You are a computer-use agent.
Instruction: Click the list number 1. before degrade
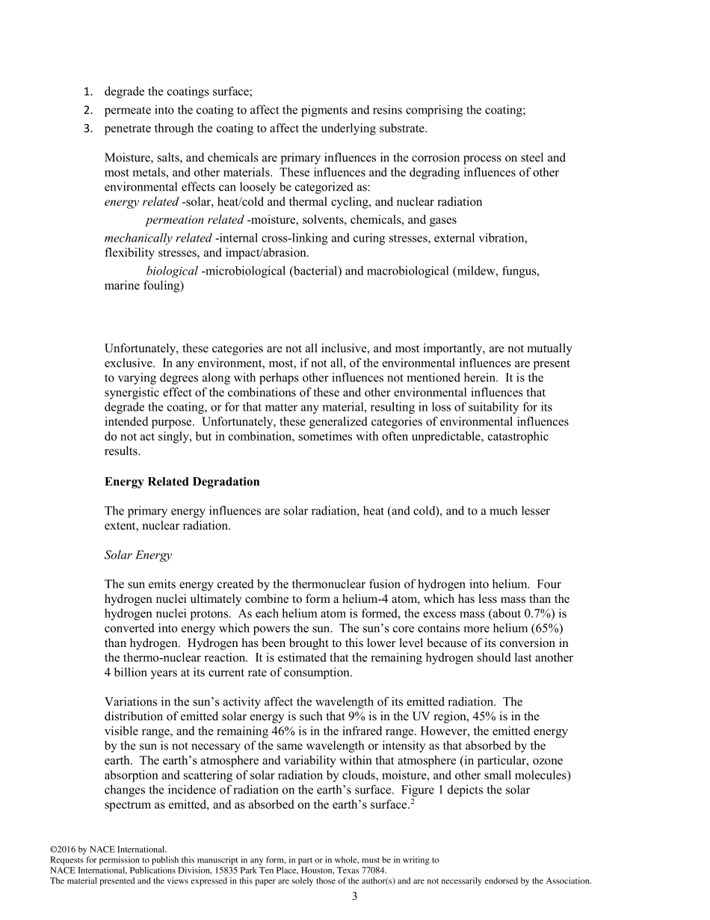[x=87, y=92]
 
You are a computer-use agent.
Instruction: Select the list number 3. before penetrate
[x=87, y=129]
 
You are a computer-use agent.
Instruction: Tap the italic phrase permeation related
[x=194, y=220]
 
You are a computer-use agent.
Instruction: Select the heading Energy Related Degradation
[x=182, y=482]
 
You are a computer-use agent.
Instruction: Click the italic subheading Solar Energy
[x=138, y=555]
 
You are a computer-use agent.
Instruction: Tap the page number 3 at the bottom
[x=355, y=897]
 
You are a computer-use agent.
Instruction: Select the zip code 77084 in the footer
[x=372, y=871]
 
